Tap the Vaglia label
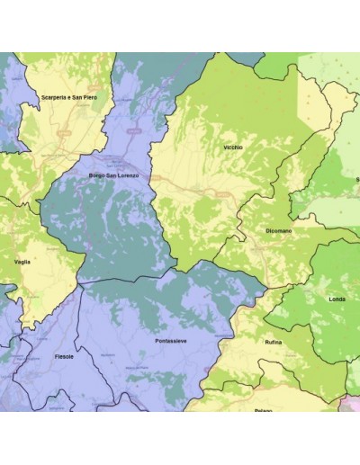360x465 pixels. [23, 261]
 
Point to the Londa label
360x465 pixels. [337, 299]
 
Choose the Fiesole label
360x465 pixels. [64, 356]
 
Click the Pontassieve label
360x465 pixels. [170, 342]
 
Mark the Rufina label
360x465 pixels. [274, 343]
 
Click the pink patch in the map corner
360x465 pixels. [352, 405]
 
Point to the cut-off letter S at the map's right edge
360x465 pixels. [357, 179]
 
